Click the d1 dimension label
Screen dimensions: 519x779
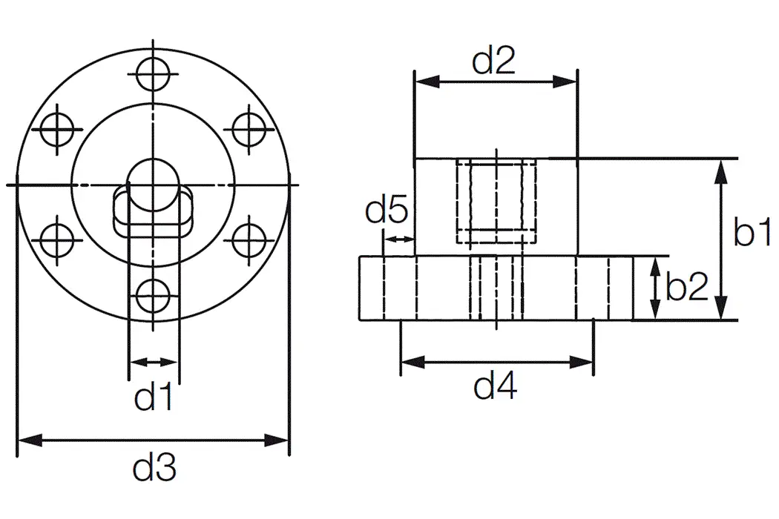tap(154, 398)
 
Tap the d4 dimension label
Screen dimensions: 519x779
tap(496, 386)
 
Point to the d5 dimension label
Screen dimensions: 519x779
tap(386, 213)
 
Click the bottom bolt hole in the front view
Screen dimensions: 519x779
tap(153, 296)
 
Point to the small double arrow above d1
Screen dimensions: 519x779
tap(154, 362)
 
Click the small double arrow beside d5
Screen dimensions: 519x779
tap(398, 239)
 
